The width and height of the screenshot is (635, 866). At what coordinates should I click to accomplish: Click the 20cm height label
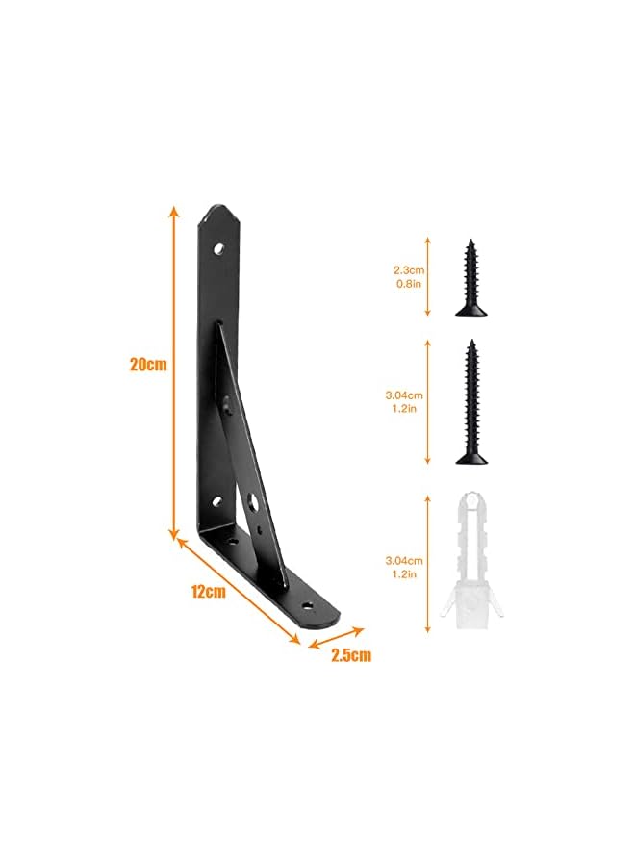pos(148,365)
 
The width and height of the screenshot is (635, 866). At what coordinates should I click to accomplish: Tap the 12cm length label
pos(208,592)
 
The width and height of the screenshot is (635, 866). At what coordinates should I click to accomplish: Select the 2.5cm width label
pos(350,655)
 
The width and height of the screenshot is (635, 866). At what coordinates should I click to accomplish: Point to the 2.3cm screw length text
pos(409,270)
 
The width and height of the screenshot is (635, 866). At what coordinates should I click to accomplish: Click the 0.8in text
pos(409,284)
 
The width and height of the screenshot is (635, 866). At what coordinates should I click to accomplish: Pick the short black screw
pos(471,277)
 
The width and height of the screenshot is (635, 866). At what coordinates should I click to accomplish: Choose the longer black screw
pos(471,401)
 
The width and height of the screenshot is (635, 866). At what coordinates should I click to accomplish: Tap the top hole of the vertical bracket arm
pos(219,249)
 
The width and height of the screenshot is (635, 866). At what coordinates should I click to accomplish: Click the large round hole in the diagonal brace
pos(254,502)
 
